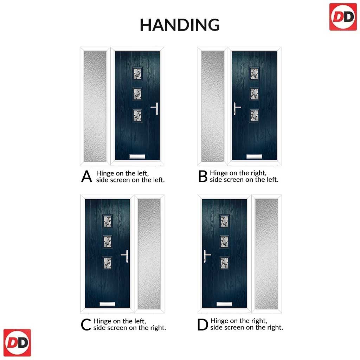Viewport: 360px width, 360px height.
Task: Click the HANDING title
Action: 180,25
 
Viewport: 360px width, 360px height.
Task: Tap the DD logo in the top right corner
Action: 343,17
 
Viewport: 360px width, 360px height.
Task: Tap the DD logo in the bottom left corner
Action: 17,342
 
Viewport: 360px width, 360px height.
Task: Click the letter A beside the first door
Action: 86,176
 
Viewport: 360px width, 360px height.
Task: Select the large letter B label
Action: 203,176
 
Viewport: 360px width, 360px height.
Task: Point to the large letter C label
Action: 86,324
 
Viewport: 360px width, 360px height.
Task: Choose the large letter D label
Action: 202,324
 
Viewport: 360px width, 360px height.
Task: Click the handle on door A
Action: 155,108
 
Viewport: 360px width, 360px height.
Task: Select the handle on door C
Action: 125,256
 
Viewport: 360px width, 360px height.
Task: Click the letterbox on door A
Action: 137,156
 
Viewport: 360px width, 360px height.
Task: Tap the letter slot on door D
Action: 224,304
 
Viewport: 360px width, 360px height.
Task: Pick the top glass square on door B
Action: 254,73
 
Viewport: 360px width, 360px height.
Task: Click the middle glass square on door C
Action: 108,242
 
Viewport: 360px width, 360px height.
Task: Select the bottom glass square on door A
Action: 137,115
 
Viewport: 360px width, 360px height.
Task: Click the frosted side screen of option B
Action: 212,106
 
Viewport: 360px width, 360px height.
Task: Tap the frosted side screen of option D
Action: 266,254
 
